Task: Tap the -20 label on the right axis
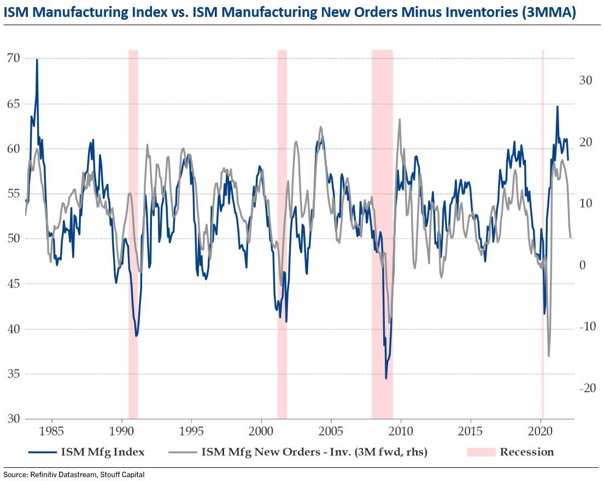(584, 388)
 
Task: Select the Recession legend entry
(526, 452)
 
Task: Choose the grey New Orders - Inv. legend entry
(314, 452)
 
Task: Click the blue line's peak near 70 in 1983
(37, 60)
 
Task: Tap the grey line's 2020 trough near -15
(548, 356)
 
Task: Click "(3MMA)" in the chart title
(549, 12)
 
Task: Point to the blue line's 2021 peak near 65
(557, 107)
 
